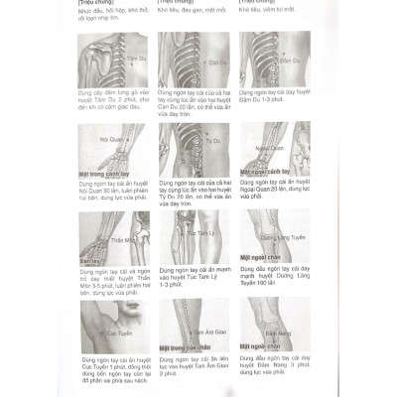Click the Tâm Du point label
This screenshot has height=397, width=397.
[125, 61]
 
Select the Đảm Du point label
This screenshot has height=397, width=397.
[293, 61]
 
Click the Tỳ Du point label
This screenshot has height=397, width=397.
[211, 142]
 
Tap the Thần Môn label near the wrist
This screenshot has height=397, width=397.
[121, 239]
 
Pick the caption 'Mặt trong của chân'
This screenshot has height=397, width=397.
[192, 346]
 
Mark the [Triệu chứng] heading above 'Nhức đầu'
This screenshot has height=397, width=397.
[98, 3]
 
